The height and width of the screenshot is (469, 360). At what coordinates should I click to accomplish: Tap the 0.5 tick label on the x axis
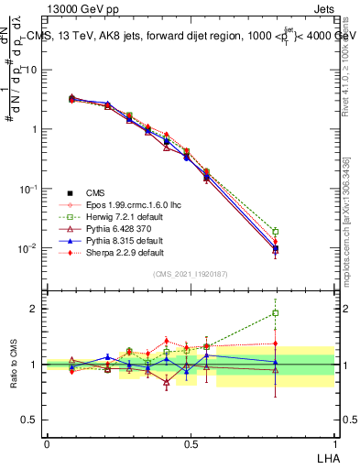191,442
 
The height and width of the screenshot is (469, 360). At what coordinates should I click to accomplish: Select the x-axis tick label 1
334,442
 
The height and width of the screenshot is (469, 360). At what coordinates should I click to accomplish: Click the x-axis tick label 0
47,442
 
